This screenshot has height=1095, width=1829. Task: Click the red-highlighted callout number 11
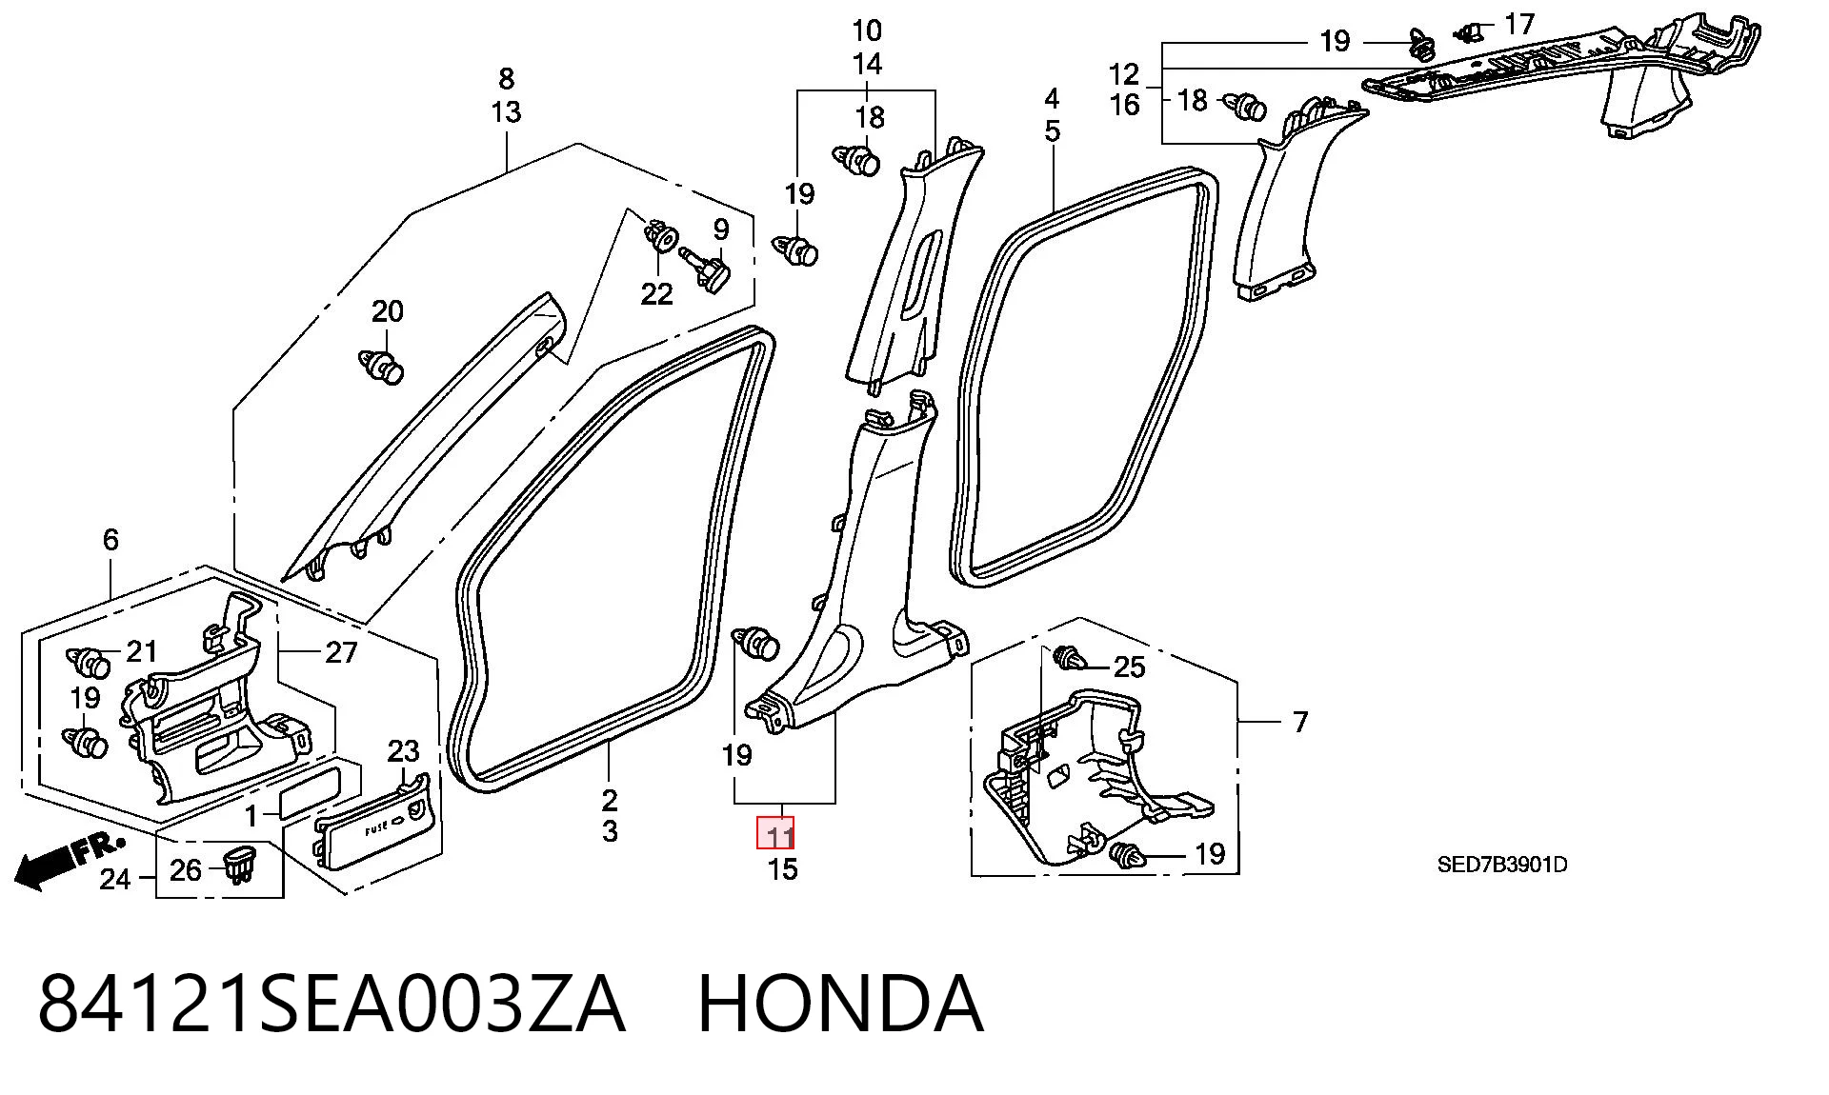[775, 835]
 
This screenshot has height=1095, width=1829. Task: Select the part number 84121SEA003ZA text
[332, 1004]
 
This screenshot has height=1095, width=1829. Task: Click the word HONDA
[840, 1004]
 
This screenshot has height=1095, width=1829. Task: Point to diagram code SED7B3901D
[1502, 865]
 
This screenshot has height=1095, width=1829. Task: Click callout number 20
[387, 311]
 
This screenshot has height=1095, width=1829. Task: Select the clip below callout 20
[383, 368]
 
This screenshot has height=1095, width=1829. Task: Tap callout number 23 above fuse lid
[403, 751]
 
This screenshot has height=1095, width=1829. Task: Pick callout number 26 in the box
[186, 869]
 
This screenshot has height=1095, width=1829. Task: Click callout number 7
[1301, 722]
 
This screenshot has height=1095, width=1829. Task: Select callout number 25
[1129, 667]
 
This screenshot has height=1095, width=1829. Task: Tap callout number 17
[1519, 23]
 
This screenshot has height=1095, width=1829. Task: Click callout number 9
[721, 229]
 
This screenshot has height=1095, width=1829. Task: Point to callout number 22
[656, 294]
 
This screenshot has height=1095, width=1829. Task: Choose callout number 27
[341, 652]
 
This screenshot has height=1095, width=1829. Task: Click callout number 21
[141, 651]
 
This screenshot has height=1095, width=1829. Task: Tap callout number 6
[111, 540]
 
